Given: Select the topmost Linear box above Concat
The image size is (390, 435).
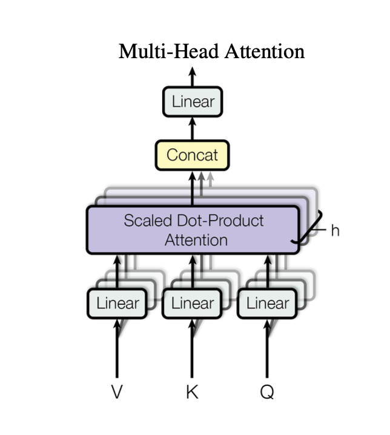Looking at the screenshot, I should (x=193, y=102).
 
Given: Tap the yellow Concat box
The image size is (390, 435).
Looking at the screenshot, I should (x=193, y=154).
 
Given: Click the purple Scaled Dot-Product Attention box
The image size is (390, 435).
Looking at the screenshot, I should (x=193, y=229).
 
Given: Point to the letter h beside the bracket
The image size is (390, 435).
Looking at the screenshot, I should (x=335, y=230).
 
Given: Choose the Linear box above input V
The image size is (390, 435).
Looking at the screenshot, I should (x=117, y=303).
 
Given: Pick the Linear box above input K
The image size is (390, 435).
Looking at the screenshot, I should (x=193, y=303).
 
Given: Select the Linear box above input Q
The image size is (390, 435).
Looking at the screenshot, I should (x=267, y=303).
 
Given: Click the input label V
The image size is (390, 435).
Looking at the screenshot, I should (x=117, y=392).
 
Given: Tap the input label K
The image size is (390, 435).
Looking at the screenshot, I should (x=193, y=392).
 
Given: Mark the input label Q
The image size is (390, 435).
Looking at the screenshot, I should (x=267, y=392).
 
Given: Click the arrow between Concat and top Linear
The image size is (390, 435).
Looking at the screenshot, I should (x=193, y=128).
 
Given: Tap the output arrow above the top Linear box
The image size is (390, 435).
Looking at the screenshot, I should (x=193, y=77).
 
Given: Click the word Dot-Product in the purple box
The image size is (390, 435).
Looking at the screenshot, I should (x=229, y=220).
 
